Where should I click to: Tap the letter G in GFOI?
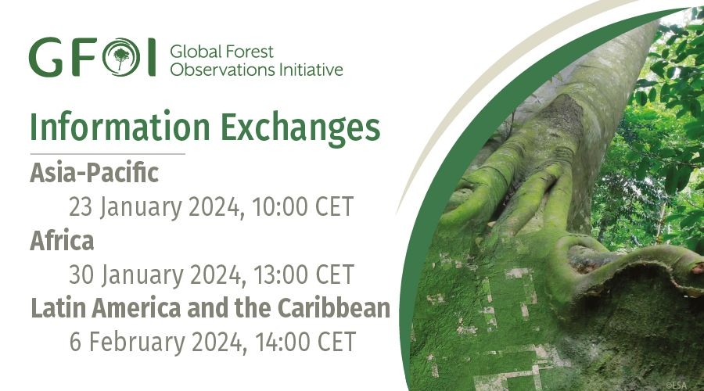pyautogui.click(x=46, y=57)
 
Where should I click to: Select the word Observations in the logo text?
pyautogui.click(x=222, y=70)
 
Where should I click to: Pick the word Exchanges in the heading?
pyautogui.click(x=300, y=128)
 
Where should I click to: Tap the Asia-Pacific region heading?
pyautogui.click(x=95, y=173)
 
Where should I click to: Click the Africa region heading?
pyautogui.click(x=62, y=240)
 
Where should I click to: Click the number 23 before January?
pyautogui.click(x=81, y=207)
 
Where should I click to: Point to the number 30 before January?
pyautogui.click(x=81, y=274)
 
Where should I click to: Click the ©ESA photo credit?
pyautogui.click(x=676, y=385)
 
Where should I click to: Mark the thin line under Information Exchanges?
pyautogui.click(x=107, y=154)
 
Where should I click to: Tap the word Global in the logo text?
pyautogui.click(x=194, y=52)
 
